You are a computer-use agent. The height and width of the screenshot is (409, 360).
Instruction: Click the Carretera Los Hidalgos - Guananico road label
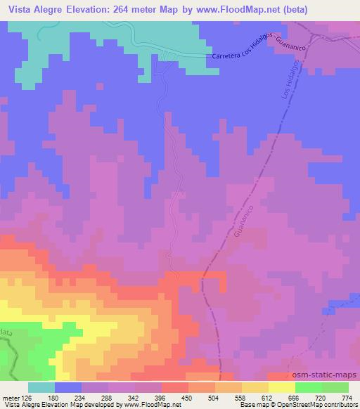256,51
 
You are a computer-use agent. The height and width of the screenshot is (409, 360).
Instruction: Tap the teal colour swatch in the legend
41,387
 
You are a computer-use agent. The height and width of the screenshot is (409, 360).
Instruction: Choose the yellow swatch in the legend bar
281,387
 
